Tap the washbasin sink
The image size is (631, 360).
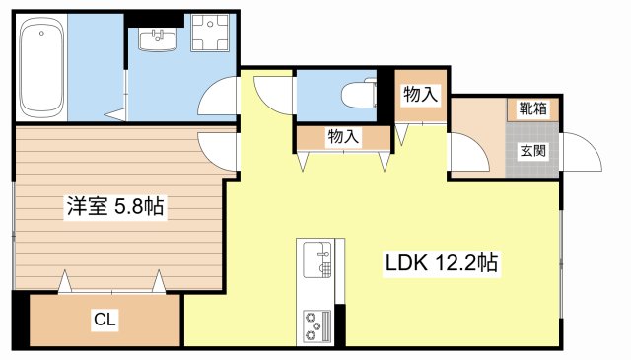[157, 39]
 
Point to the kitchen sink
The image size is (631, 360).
[317, 260]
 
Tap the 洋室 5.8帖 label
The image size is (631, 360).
[115, 207]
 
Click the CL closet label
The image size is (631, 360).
[105, 319]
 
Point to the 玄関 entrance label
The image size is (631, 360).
[533, 151]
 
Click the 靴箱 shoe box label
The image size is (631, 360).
[533, 108]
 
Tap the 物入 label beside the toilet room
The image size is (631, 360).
[421, 95]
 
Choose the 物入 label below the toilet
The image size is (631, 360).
[342, 138]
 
